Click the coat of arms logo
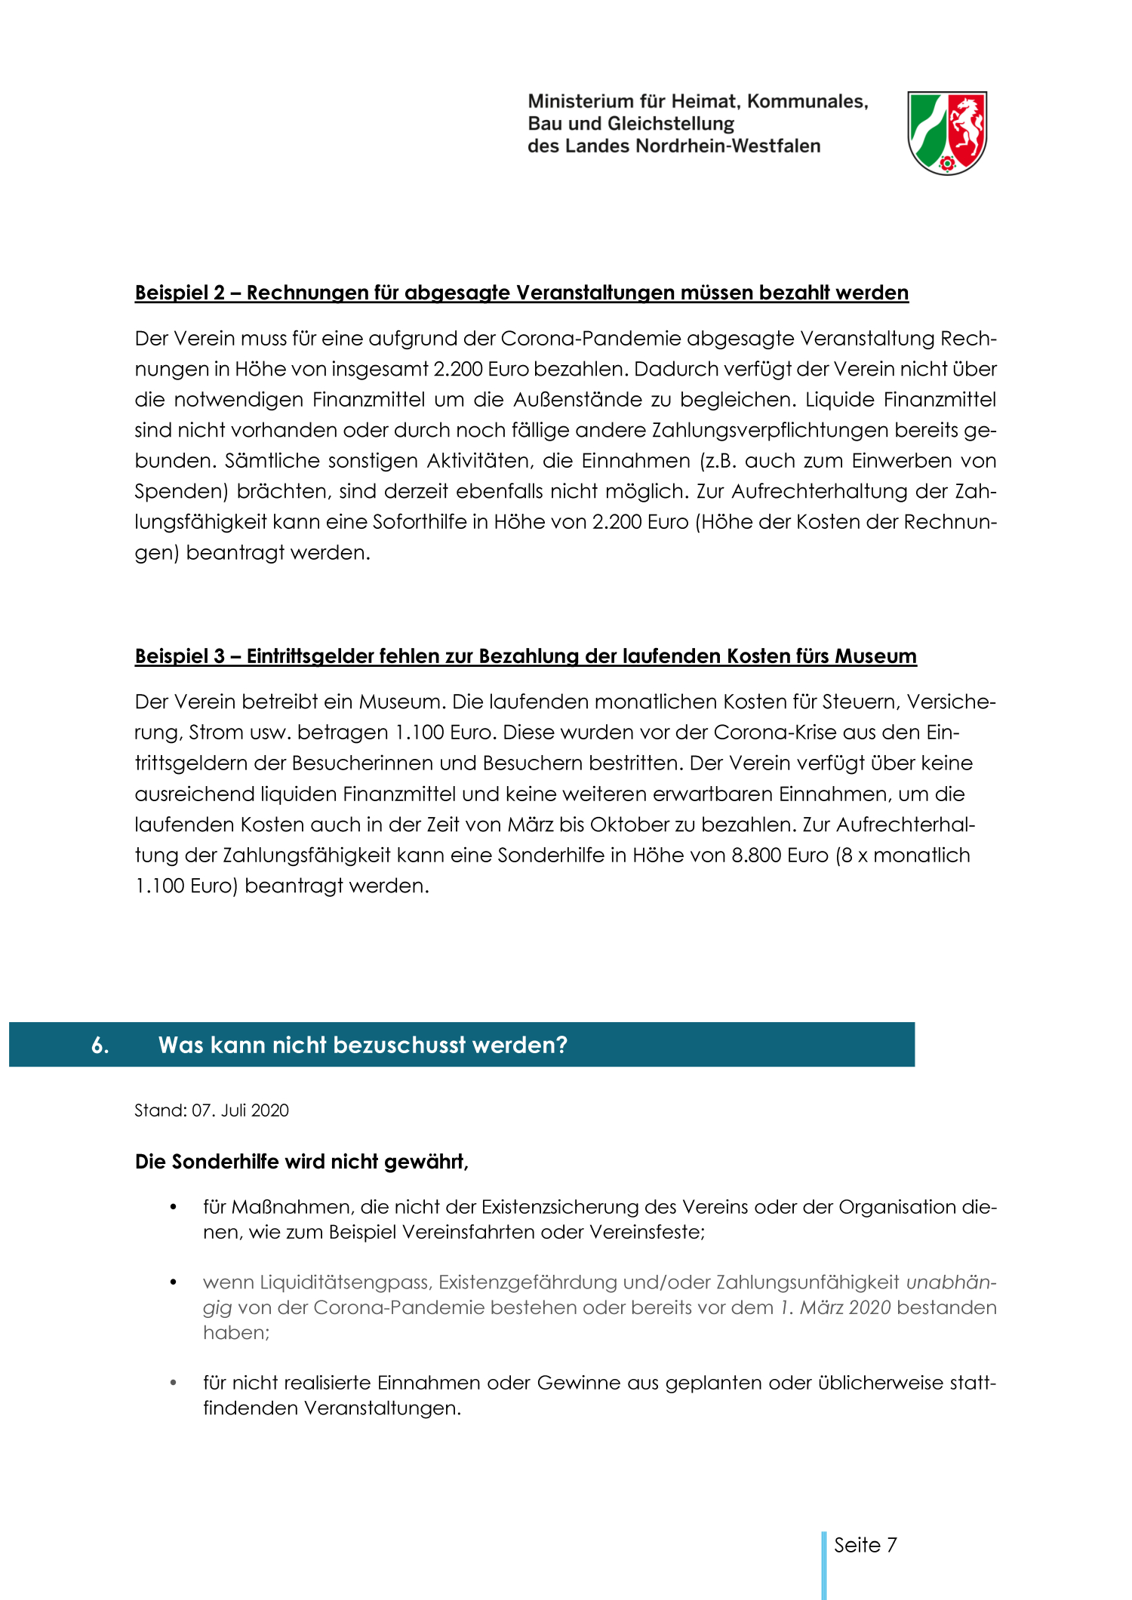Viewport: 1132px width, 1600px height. coord(946,133)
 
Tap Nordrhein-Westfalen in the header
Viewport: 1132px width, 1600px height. coord(727,146)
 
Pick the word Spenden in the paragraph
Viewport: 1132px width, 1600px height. coord(180,491)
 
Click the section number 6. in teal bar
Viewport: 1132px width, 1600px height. coord(100,1045)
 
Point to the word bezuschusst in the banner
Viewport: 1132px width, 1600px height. coord(399,1045)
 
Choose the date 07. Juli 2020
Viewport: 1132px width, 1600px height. coord(240,1110)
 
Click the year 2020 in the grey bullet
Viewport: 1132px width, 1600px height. coord(869,1307)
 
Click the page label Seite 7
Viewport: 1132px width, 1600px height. coord(865,1545)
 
